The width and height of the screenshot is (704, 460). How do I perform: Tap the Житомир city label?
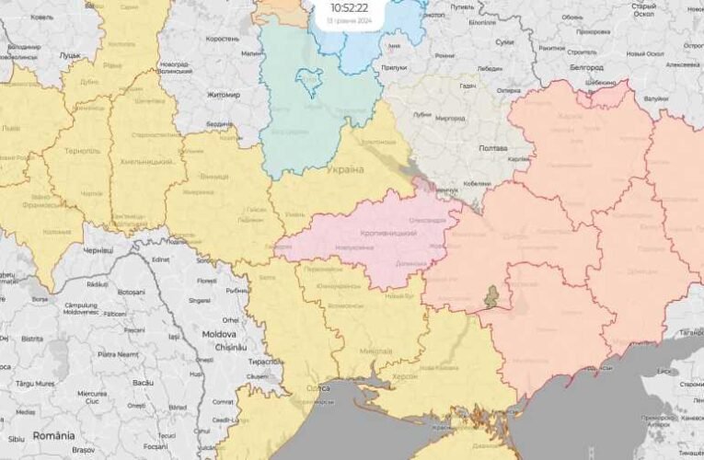click(x=222, y=95)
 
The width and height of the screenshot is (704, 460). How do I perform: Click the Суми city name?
click(x=505, y=42)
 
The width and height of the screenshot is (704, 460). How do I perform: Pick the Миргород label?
click(x=450, y=119)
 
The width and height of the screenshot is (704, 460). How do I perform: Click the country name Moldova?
click(x=219, y=334)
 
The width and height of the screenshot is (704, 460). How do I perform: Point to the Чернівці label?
click(x=97, y=250)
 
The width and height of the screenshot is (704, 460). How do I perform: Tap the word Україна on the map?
click(x=346, y=171)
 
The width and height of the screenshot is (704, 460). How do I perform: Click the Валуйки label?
click(x=656, y=98)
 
